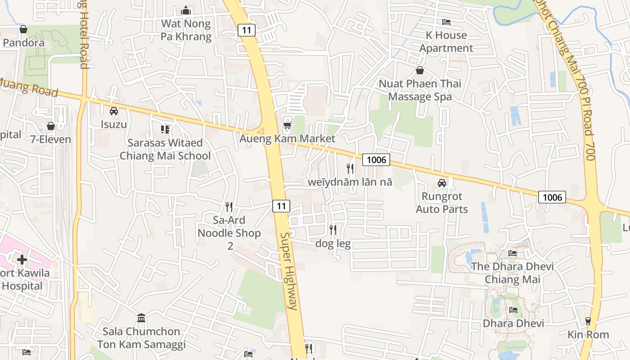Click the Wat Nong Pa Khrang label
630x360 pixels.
(x=186, y=30)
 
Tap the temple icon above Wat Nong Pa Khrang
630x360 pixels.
(x=186, y=10)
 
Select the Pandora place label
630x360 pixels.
(x=23, y=43)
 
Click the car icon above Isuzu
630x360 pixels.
(x=114, y=111)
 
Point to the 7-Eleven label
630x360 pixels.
(x=51, y=139)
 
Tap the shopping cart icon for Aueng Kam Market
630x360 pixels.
(x=287, y=126)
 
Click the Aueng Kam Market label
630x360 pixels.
(x=287, y=139)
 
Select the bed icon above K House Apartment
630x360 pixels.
(x=446, y=22)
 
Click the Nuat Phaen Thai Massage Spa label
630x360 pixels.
(x=420, y=90)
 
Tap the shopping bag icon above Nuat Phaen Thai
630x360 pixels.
(x=420, y=70)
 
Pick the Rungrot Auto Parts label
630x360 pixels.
(x=442, y=202)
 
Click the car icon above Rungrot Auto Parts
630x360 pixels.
(x=442, y=183)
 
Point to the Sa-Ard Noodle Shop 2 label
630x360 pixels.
(x=229, y=233)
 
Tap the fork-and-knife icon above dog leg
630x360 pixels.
(x=333, y=230)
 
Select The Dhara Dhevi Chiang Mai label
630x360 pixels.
(x=512, y=273)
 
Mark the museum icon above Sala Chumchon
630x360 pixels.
(x=141, y=318)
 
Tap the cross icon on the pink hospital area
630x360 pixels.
(x=22, y=260)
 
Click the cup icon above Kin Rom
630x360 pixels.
(x=588, y=321)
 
